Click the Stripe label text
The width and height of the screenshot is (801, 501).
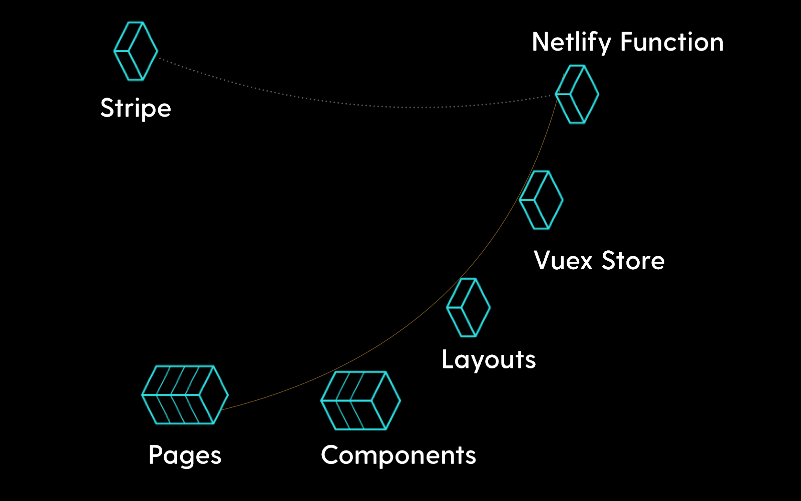[136, 108]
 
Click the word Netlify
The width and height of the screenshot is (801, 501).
[571, 43]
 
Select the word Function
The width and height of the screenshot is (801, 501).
[672, 42]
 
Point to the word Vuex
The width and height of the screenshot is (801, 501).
[563, 260]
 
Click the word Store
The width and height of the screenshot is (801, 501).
[633, 260]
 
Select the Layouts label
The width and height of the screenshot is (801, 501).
[489, 360]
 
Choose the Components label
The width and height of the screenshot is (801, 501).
[398, 455]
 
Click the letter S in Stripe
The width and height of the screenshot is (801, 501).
[107, 107]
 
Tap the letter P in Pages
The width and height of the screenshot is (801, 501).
[156, 454]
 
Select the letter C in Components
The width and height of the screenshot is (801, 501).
[331, 455]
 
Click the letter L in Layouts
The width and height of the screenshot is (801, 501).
[448, 358]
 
